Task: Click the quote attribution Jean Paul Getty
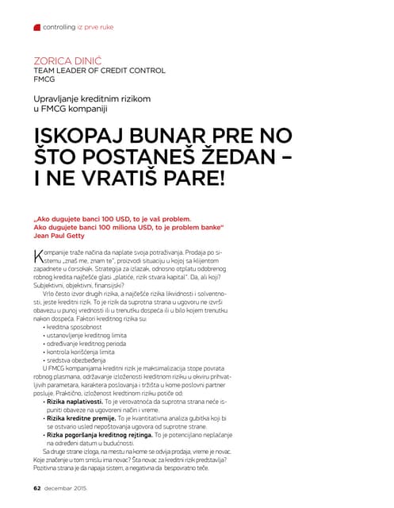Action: pyautogui.click(x=63, y=235)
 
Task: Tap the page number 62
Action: pyautogui.click(x=36, y=487)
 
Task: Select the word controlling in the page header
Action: pyautogui.click(x=59, y=27)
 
